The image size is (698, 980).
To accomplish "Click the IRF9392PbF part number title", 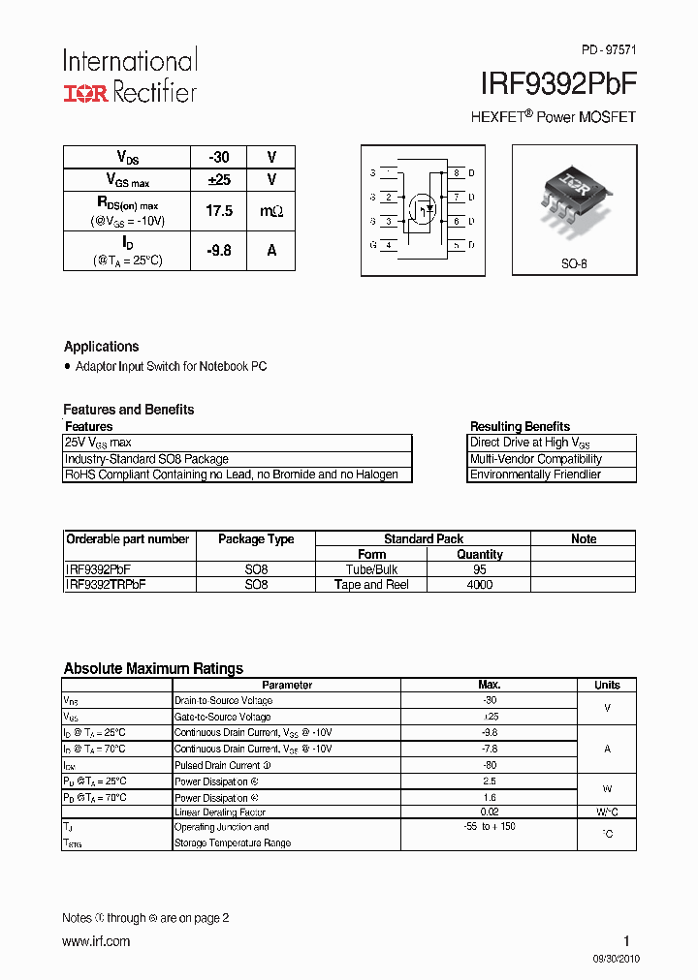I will point(558,84).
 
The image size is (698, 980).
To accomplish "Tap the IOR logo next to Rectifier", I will point(86,93).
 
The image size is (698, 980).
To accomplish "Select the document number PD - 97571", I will point(609,49).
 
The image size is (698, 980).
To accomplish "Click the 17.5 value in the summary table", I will point(219,210).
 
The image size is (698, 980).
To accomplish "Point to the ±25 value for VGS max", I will point(219,180).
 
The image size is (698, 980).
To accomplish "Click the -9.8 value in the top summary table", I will point(219,250).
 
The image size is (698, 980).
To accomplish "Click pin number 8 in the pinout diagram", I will point(457,173).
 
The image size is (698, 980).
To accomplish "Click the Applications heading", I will point(101,347).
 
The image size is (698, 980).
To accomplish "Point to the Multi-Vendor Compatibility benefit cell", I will point(536,459).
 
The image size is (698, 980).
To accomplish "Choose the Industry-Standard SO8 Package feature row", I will point(146,459).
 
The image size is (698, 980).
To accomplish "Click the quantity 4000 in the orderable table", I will point(480,585).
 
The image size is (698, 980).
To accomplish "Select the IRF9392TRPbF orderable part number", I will point(106,585).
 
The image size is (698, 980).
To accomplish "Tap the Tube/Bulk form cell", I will point(372,569).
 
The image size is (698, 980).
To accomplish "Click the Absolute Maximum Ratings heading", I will point(153,668).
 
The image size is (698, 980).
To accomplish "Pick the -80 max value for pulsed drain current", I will point(489,765).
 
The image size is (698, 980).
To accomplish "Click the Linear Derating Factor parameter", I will point(220,812).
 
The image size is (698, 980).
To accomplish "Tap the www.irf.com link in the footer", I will point(96,941).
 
